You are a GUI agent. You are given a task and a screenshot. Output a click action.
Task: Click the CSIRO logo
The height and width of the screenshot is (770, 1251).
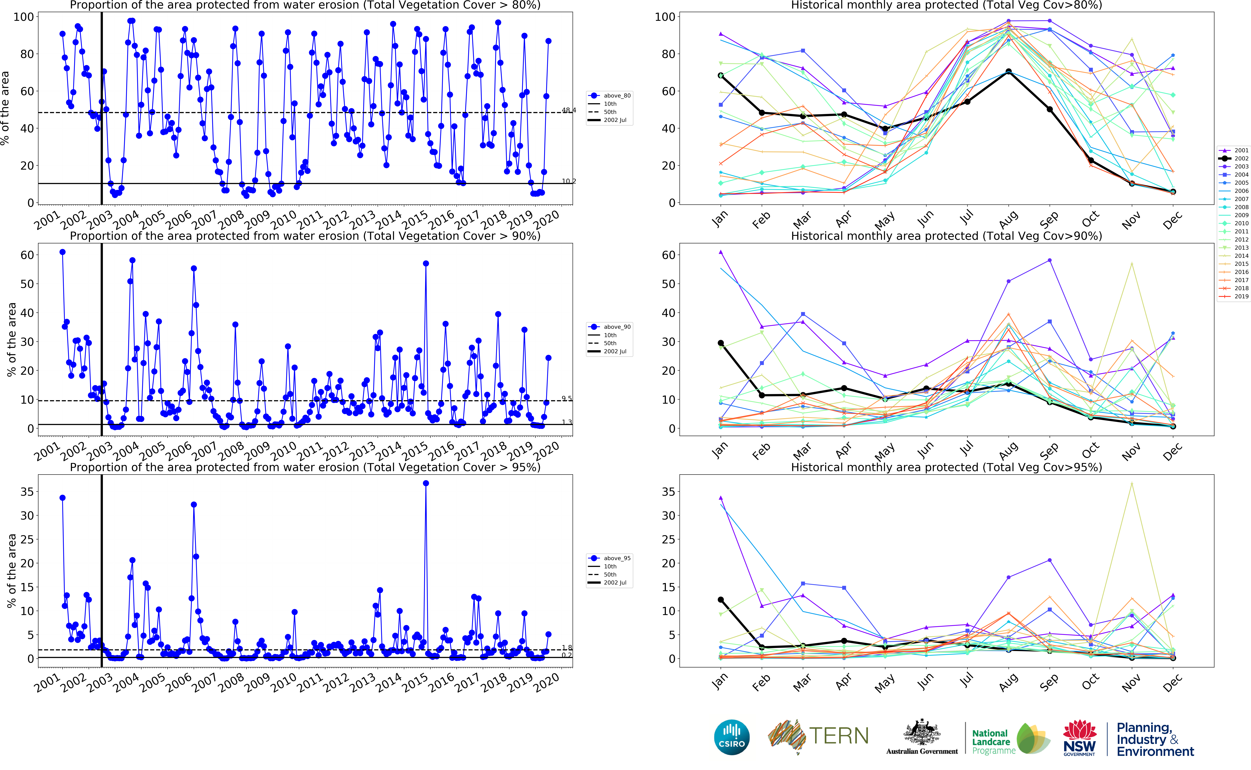coord(732,737)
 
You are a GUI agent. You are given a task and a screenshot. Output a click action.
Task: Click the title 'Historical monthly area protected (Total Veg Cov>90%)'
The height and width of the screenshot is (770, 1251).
coord(946,236)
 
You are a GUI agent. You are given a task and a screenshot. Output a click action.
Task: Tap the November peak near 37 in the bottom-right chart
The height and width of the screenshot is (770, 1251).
coord(1132,483)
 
